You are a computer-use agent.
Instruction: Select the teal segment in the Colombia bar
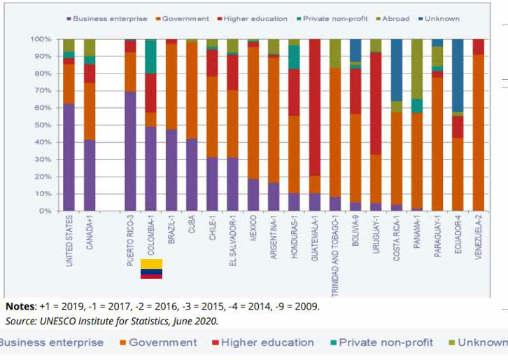(150, 57)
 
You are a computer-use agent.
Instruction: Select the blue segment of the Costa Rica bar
(396, 70)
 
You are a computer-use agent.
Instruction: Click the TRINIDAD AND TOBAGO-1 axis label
(335, 251)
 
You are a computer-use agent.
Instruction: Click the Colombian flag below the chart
(152, 268)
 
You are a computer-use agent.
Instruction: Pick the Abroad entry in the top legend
(396, 19)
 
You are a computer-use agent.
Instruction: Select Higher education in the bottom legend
(267, 342)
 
